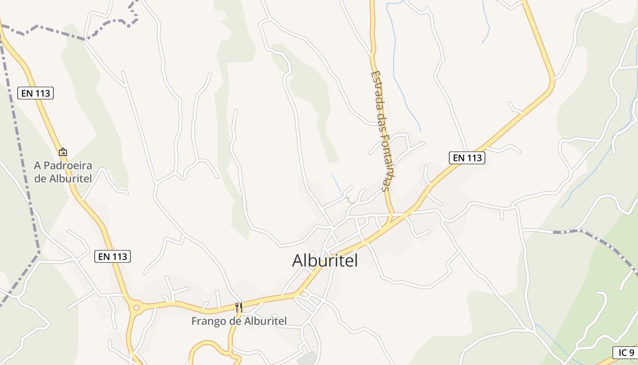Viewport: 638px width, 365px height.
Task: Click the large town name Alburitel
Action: (324, 261)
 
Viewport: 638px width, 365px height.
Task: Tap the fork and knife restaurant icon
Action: (239, 307)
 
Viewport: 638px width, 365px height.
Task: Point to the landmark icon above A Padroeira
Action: (63, 152)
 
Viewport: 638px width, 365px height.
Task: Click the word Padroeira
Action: (67, 166)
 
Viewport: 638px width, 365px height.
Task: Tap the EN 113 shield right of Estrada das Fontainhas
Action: (467, 158)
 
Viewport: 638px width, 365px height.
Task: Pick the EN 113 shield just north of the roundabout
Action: (113, 256)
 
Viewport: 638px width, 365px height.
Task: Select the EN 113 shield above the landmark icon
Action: (36, 94)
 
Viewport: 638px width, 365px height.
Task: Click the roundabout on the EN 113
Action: (135, 308)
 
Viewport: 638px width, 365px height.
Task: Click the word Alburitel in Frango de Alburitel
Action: (266, 321)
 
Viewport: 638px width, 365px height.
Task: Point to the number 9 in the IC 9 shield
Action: (631, 353)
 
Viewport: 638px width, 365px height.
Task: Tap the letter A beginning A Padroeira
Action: (37, 166)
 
